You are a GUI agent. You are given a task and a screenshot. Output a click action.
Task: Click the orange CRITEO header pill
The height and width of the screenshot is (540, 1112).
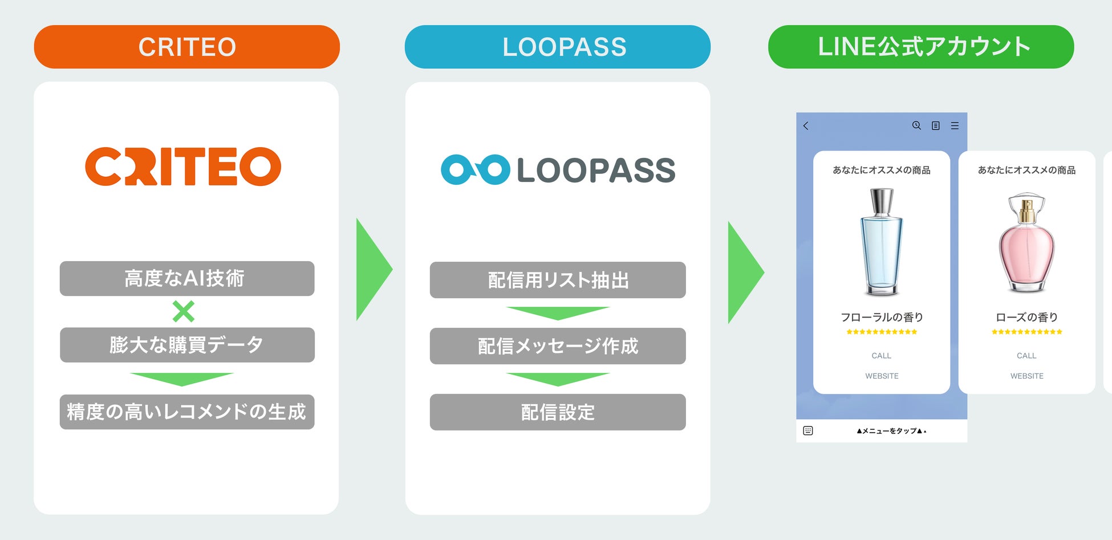click(x=186, y=47)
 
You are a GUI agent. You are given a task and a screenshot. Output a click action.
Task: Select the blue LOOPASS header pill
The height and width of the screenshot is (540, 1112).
click(x=557, y=47)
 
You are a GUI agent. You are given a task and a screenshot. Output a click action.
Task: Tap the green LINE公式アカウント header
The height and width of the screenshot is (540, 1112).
click(x=920, y=47)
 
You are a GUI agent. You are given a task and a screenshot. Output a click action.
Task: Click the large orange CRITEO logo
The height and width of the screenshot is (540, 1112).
click(x=183, y=167)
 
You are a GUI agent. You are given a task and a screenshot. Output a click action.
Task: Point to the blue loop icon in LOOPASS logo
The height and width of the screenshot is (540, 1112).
click(x=475, y=169)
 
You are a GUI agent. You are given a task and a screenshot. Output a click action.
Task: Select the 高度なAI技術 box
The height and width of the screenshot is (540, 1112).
click(x=186, y=278)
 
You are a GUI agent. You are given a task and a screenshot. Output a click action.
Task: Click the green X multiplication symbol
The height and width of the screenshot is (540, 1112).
click(x=184, y=311)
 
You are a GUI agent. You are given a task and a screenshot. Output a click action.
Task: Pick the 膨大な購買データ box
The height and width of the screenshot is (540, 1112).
click(x=186, y=345)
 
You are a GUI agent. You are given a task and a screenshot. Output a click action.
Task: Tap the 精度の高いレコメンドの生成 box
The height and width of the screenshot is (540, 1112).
click(x=186, y=412)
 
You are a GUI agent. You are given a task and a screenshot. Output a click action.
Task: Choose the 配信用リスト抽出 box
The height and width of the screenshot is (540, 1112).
click(x=557, y=280)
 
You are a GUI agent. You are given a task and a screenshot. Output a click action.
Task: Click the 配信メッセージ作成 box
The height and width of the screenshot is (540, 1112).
click(x=557, y=346)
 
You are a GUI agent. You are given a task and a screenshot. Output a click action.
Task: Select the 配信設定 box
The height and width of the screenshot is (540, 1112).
click(x=557, y=412)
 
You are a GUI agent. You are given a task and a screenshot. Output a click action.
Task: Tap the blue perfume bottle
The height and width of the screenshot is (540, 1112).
click(x=881, y=242)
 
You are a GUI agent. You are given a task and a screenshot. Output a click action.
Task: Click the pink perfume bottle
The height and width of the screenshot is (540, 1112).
click(x=1026, y=242)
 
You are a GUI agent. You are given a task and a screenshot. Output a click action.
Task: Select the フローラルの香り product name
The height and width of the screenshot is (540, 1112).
click(x=881, y=317)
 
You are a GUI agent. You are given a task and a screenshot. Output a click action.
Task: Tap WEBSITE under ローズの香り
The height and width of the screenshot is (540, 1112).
click(x=1026, y=376)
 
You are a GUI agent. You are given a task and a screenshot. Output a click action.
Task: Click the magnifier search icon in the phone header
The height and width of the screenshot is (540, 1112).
click(x=916, y=125)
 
